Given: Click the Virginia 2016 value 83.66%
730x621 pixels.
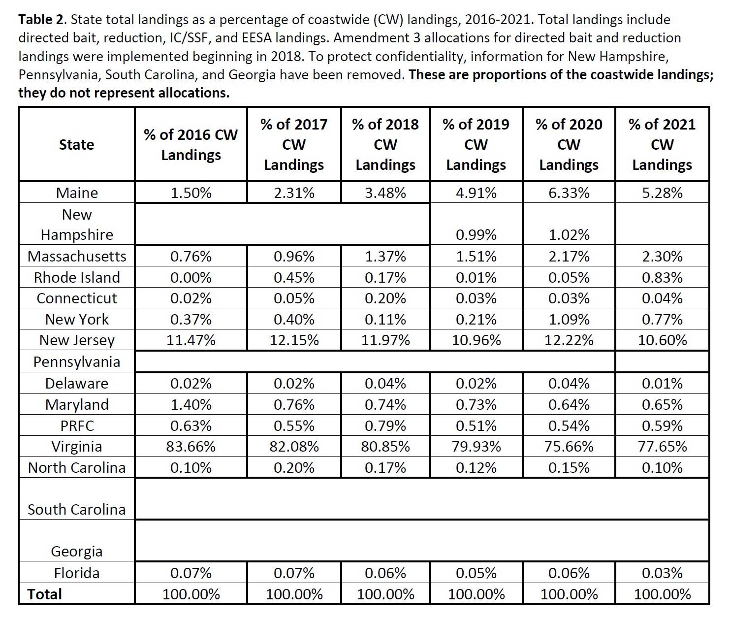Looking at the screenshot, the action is click(190, 447).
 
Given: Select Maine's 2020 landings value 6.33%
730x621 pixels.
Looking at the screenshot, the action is click(569, 193).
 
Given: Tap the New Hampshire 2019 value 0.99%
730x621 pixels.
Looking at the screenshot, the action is click(476, 234).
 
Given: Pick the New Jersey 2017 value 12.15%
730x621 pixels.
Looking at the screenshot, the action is click(294, 340).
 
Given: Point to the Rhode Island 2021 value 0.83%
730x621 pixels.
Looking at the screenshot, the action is click(662, 278).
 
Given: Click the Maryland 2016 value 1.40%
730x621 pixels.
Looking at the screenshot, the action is click(190, 404).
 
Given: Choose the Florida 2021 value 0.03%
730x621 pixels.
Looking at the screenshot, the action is click(662, 573).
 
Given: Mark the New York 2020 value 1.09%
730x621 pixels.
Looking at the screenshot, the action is click(569, 319).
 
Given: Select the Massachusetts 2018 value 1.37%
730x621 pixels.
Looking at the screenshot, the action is click(385, 257).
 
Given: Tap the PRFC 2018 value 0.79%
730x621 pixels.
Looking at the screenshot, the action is click(385, 425).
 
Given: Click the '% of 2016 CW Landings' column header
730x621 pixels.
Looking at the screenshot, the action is click(190, 144).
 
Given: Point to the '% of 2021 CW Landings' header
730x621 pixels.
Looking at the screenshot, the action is click(662, 144).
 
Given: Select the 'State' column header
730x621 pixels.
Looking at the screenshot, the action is click(77, 144).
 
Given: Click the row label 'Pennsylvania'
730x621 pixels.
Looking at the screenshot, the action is click(77, 362).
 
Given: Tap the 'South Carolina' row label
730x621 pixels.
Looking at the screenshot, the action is click(77, 509).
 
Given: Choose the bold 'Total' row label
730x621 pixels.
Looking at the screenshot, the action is click(44, 594).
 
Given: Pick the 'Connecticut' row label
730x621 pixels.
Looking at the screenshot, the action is click(77, 298).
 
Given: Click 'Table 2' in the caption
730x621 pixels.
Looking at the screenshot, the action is click(41, 19).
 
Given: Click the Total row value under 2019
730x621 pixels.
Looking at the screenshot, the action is click(476, 594).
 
